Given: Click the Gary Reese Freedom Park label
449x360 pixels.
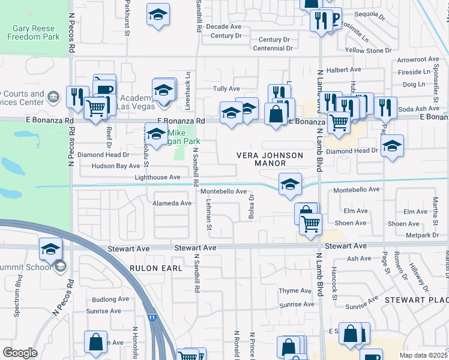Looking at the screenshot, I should (34, 32).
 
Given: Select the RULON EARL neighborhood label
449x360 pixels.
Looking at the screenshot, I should (156, 268).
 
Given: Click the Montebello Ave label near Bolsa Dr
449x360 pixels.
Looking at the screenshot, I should (223, 191).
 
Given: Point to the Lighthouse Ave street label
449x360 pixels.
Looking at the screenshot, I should (157, 178).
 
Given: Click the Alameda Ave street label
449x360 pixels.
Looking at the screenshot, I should (172, 203).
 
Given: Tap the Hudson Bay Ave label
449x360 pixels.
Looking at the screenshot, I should (116, 166).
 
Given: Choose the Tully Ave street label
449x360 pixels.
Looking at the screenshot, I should (226, 88).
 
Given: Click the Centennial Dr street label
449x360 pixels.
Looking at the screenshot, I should (273, 48).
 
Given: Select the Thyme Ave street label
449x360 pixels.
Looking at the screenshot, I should (294, 291).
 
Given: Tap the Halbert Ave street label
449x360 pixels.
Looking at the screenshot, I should (343, 70).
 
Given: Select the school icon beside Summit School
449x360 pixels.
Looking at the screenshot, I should (51, 248).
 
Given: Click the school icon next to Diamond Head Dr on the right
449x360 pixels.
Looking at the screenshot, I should (392, 146).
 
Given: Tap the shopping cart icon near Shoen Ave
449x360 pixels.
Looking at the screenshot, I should (310, 224).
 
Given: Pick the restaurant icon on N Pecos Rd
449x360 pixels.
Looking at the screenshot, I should (77, 96).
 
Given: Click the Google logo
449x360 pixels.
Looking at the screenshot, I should (20, 353).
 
